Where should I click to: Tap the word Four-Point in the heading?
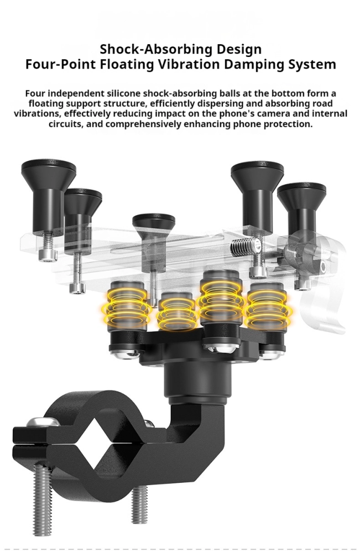[60, 64]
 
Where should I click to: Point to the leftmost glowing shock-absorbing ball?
[127, 306]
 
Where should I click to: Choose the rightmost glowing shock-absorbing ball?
[267, 306]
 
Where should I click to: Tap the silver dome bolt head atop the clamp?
[43, 421]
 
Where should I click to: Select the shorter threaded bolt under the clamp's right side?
[139, 504]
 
